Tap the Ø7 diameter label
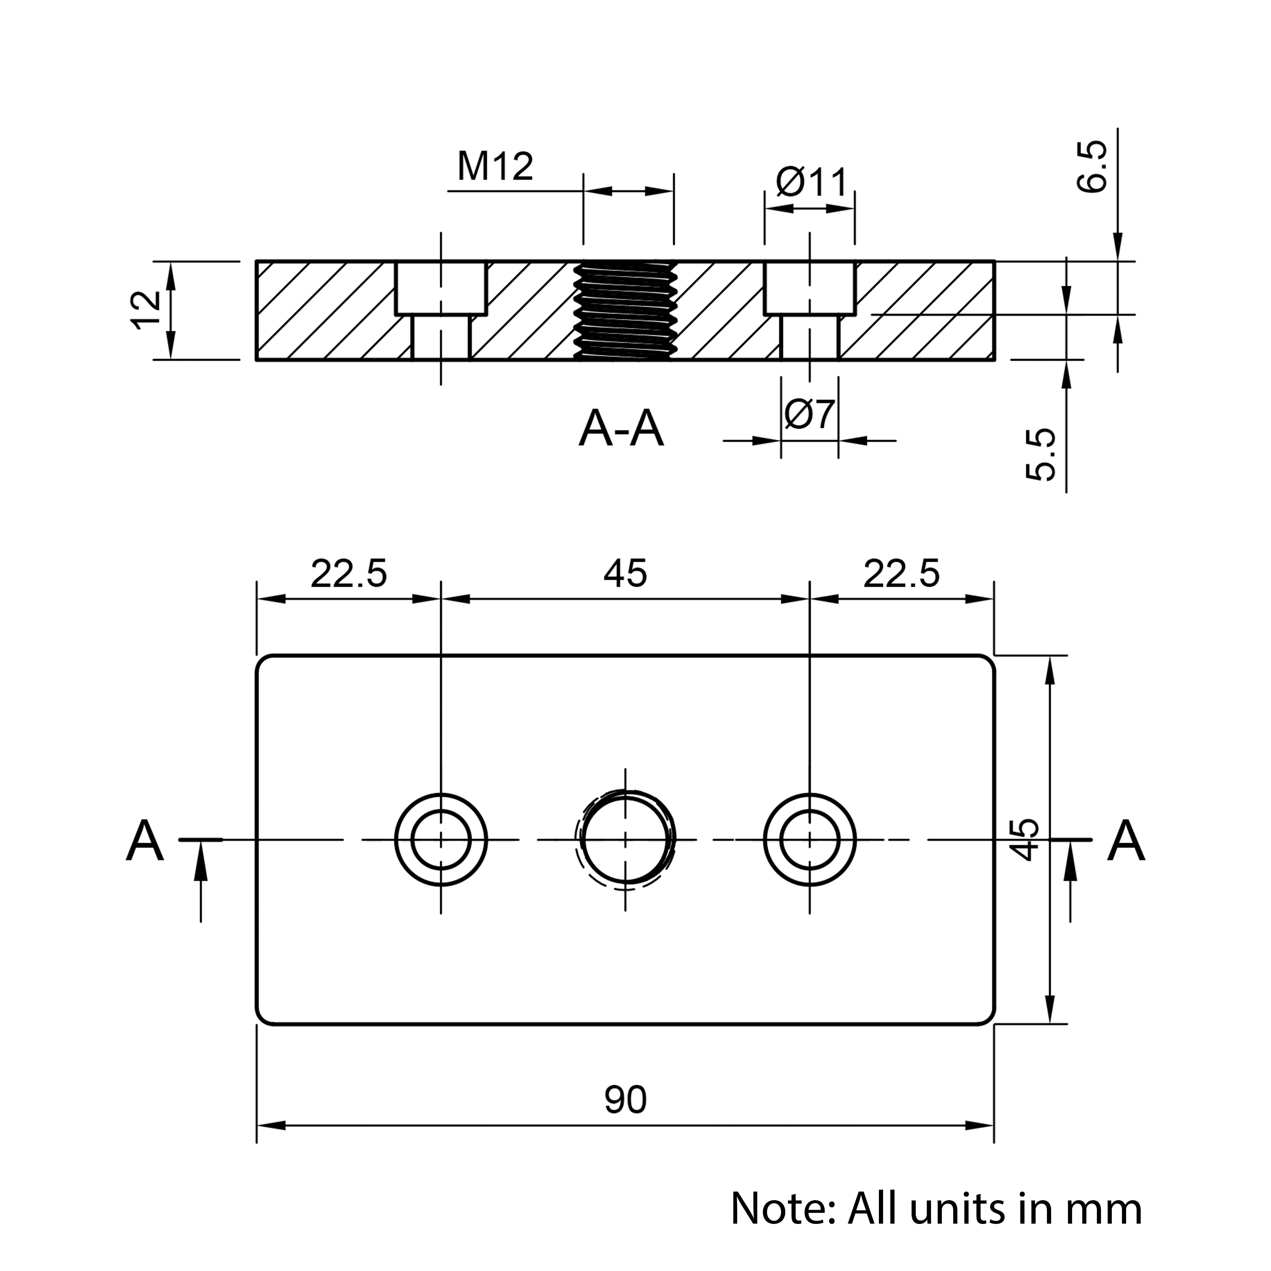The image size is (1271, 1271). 810,414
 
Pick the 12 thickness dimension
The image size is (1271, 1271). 146,310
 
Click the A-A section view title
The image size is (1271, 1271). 621,429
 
